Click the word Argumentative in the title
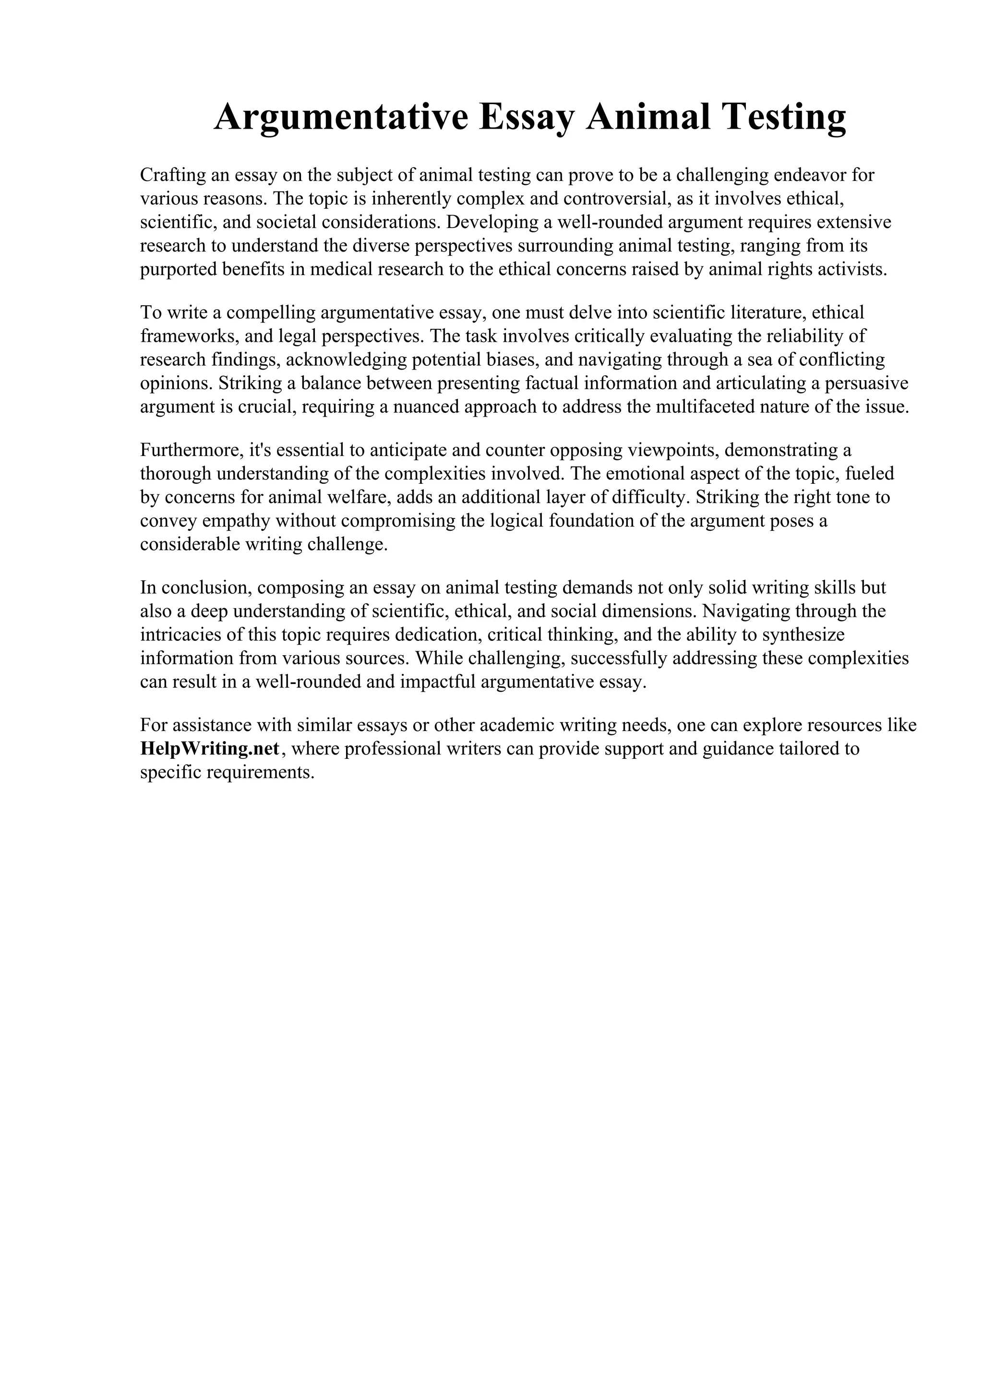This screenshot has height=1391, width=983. pos(341,117)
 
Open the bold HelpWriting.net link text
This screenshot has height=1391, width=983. pos(210,749)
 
